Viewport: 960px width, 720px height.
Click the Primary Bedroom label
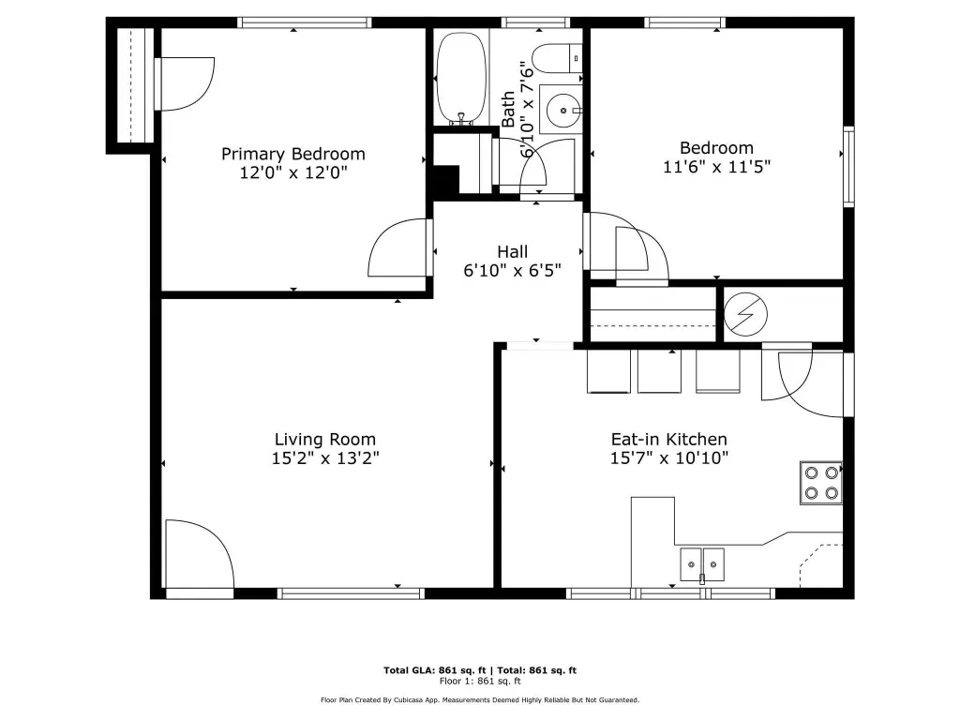click(x=292, y=154)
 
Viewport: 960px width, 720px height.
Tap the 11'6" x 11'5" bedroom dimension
click(x=716, y=167)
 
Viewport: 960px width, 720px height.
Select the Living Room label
click(x=324, y=440)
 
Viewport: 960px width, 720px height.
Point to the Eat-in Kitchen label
click(x=668, y=439)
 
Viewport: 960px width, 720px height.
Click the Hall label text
click(x=513, y=251)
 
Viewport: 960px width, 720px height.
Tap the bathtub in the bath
click(x=461, y=78)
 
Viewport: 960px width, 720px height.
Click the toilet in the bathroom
click(x=557, y=59)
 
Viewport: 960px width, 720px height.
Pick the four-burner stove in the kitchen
click(x=821, y=483)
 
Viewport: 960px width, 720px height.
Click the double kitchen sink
click(x=702, y=564)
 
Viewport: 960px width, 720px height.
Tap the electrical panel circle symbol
click(x=745, y=314)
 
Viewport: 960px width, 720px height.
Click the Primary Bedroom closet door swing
click(x=185, y=83)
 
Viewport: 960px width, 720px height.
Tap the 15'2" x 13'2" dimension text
click(x=325, y=457)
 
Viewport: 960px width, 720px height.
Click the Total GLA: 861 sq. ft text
click(x=434, y=670)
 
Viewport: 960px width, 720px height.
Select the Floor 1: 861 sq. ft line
click(x=480, y=681)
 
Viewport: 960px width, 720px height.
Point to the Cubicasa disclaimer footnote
click(x=480, y=699)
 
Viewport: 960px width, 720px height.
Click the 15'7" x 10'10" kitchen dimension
click(x=669, y=457)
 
